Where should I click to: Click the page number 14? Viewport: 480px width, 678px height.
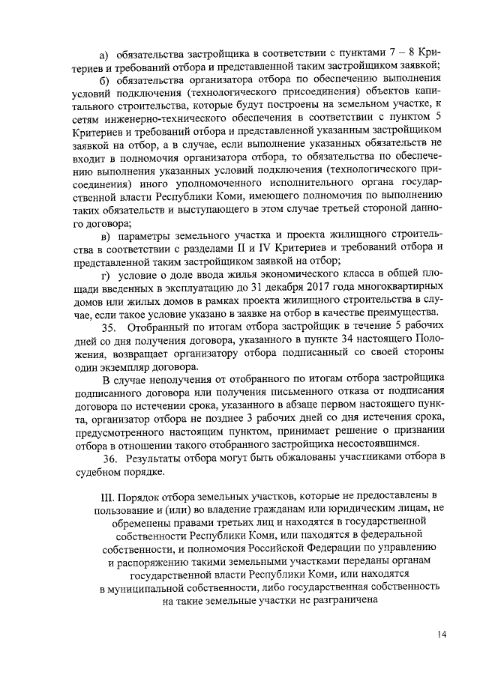(x=442, y=635)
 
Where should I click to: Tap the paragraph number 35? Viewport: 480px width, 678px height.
(x=108, y=327)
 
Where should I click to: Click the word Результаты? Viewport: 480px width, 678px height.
(x=160, y=458)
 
